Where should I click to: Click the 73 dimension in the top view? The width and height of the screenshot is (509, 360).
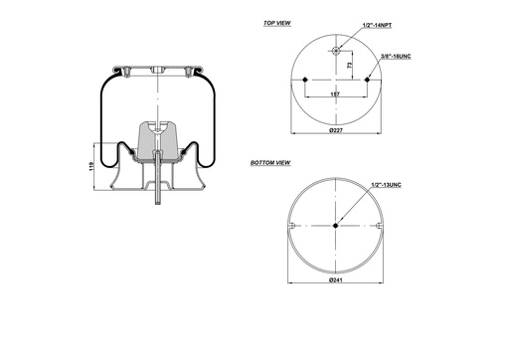(x=350, y=66)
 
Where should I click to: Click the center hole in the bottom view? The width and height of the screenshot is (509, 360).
(x=335, y=225)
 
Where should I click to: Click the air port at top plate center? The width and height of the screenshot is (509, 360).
(x=156, y=70)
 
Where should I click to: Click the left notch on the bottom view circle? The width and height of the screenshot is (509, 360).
(x=289, y=229)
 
